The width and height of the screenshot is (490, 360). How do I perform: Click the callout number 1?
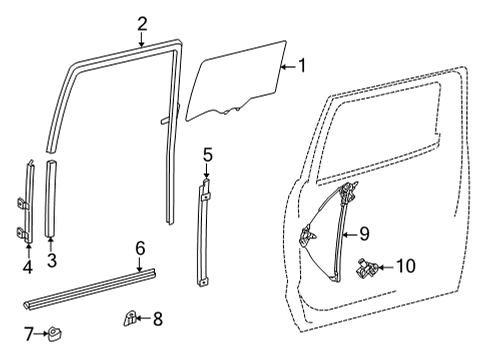[x=303, y=68]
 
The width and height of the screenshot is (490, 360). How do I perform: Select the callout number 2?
[x=142, y=23]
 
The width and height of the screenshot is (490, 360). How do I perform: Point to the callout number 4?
[x=28, y=266]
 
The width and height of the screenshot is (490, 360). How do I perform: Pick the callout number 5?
[x=207, y=154]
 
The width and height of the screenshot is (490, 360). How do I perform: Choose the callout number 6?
[x=140, y=246]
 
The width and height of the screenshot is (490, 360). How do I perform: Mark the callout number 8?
[x=156, y=320]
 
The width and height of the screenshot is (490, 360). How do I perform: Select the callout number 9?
[x=365, y=234]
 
